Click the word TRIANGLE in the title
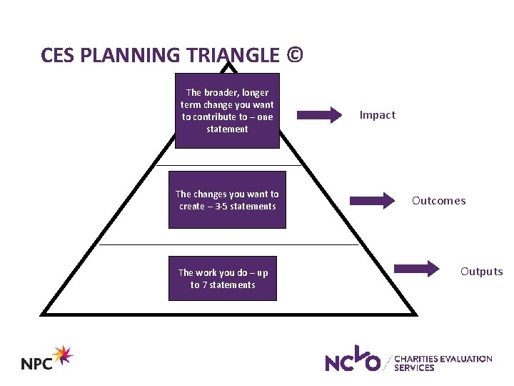click(233, 55)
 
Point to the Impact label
click(377, 115)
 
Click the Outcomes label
click(438, 201)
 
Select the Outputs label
click(481, 272)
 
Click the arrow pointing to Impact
click(321, 114)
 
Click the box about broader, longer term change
click(227, 111)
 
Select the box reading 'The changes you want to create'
click(227, 200)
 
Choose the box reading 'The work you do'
click(223, 279)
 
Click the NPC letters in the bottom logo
click(37, 363)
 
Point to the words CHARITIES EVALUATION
click(443, 359)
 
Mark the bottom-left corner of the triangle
click(43, 313)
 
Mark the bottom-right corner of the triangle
click(415, 313)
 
